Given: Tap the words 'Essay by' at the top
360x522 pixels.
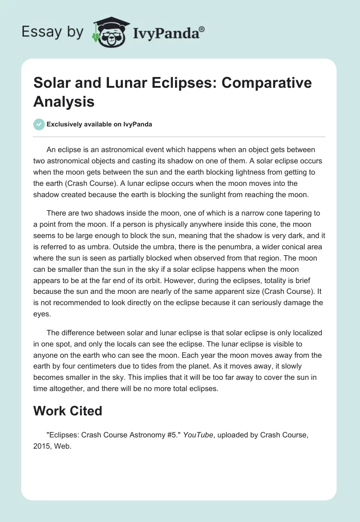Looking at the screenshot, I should (x=52, y=32).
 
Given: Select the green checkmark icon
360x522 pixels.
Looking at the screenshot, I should (x=39, y=124).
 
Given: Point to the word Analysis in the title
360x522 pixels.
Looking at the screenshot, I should (x=64, y=101).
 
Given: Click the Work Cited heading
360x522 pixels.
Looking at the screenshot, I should (x=68, y=410).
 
